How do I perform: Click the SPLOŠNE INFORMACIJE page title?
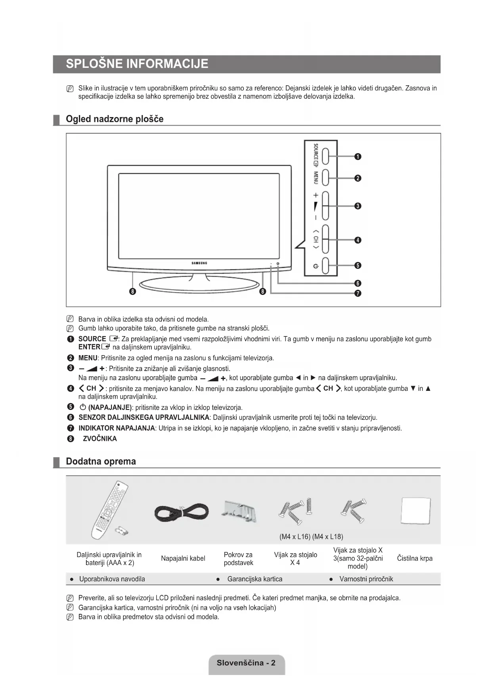tap(137, 64)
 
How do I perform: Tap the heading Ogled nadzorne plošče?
tap(115, 119)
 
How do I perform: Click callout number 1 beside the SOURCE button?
tap(358, 157)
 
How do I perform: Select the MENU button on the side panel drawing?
tap(325, 178)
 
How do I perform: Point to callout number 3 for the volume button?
tap(358, 206)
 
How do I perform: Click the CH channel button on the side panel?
tap(325, 239)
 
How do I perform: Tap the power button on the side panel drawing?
tap(325, 266)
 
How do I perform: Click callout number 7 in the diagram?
tap(358, 294)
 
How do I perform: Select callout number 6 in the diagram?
tap(358, 283)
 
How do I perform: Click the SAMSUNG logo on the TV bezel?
tap(199, 263)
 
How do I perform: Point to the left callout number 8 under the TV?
tap(133, 292)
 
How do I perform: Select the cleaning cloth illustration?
tap(415, 511)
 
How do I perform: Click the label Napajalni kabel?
tap(183, 558)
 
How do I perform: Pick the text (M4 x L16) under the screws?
tap(295, 537)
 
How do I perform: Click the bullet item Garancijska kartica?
tap(255, 579)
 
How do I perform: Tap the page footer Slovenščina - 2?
tap(246, 663)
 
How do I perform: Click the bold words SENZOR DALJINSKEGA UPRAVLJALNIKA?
tap(144, 417)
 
